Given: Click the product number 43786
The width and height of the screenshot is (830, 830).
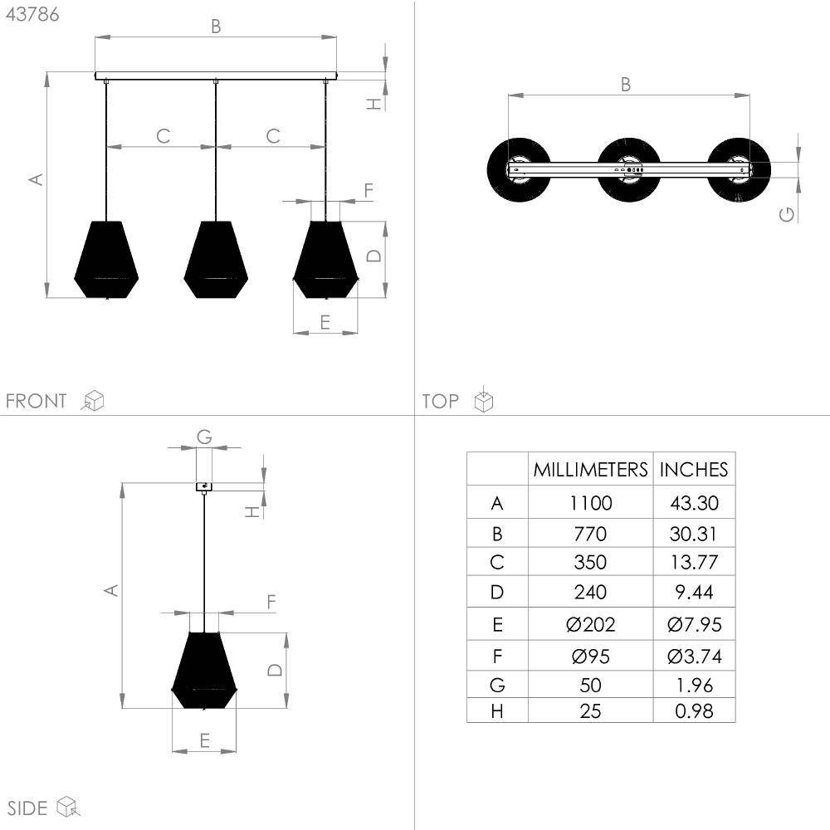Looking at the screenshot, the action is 32,14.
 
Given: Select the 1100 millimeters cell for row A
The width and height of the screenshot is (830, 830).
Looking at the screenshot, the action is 591,502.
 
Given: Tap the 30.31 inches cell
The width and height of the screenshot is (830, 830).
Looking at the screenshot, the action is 693,534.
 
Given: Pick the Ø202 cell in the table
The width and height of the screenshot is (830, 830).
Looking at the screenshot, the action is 590,625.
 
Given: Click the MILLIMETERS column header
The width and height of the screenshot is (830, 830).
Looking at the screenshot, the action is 590,470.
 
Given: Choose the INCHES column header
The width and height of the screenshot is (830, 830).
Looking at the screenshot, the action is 694,470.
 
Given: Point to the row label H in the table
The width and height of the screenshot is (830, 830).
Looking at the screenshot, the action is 497,711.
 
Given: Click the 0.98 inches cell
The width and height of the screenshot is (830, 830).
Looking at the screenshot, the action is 694,711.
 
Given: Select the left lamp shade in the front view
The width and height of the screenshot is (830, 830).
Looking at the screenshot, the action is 106,259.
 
